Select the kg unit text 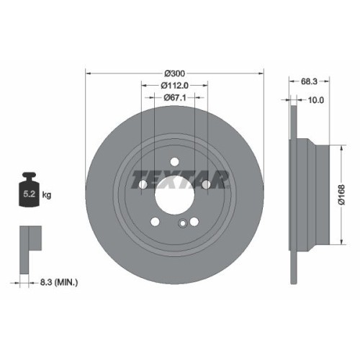pyautogui.click(x=46, y=194)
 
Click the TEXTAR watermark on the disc pyautogui.click(x=175, y=176)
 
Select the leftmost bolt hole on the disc pyautogui.click(x=143, y=186)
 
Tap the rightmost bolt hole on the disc pyautogui.click(x=207, y=186)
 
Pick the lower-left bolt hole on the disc pyautogui.click(x=156, y=220)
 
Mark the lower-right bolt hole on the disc pyautogui.click(x=194, y=220)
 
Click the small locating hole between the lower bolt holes pyautogui.click(x=184, y=222)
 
